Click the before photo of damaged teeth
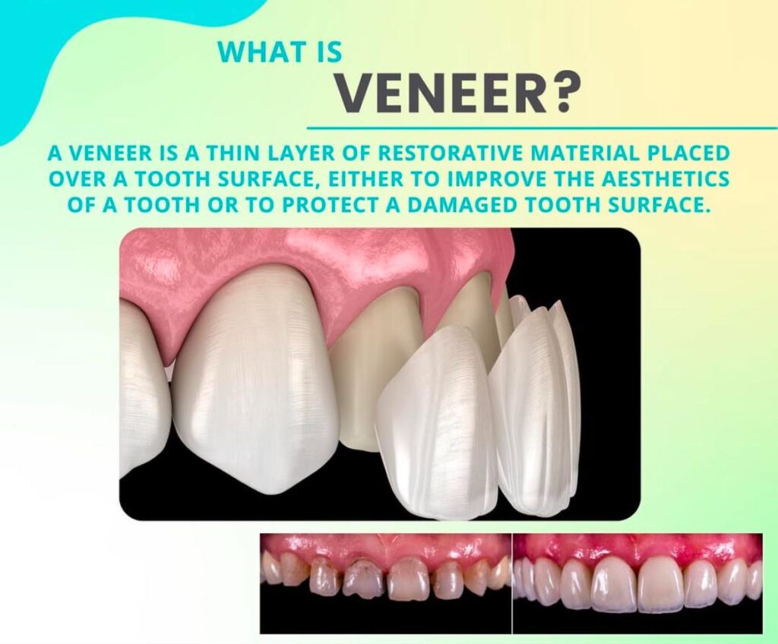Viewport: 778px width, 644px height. pos(385,584)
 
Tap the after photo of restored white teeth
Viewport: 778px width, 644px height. pos(637,584)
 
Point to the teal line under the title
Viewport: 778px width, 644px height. pos(542,128)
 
